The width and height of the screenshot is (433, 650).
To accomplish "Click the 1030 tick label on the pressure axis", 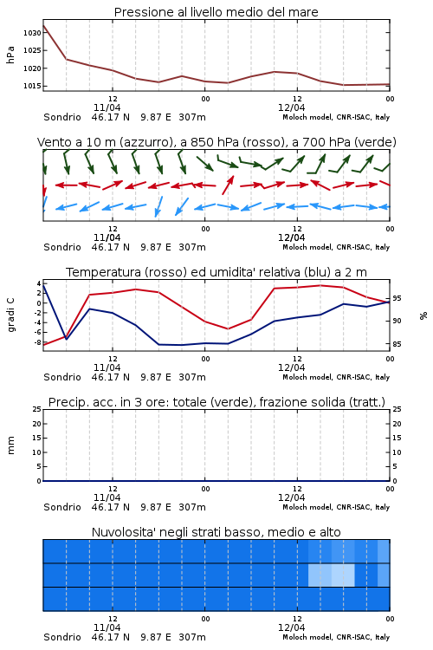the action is click(x=32, y=33).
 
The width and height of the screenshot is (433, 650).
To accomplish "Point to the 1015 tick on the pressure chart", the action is click(x=32, y=86).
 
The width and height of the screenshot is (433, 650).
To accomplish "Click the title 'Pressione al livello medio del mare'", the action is click(x=216, y=12).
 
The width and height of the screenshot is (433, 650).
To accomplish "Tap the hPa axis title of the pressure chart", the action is click(x=10, y=55).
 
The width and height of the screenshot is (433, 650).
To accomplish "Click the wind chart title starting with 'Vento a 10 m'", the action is click(x=216, y=142).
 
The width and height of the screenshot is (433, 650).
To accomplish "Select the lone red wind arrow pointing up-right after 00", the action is click(x=228, y=185).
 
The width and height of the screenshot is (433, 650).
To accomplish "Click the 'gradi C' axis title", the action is click(x=10, y=315).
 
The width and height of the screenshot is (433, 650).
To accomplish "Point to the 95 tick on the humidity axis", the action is click(x=397, y=298).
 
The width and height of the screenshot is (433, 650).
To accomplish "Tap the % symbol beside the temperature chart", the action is click(x=423, y=315).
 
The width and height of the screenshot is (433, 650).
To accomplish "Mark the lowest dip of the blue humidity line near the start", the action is click(x=67, y=339).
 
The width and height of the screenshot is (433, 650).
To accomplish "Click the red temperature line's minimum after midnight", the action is click(x=228, y=328).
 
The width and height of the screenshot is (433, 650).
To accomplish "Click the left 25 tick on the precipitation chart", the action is click(x=36, y=409).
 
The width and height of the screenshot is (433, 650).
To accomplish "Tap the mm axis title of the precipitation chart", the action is click(x=10, y=445).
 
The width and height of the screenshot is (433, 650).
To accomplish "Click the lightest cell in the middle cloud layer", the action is click(x=343, y=575).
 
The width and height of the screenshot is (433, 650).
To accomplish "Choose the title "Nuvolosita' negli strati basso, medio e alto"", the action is click(x=216, y=532).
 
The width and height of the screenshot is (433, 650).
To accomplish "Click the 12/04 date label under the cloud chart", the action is click(x=291, y=627).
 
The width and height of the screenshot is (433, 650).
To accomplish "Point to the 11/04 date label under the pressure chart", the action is click(x=107, y=107).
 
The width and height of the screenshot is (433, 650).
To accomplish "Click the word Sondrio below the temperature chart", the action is click(x=62, y=377).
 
